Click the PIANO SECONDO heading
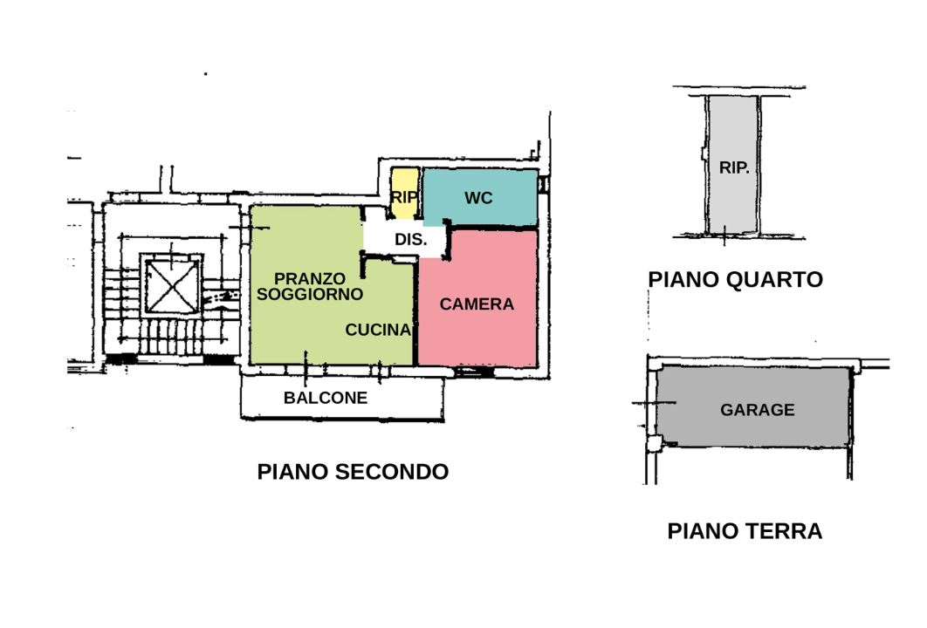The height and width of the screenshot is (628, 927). tap(353, 472)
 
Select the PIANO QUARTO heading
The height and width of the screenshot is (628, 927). tap(735, 279)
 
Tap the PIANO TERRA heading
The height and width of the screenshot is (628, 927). tap(745, 531)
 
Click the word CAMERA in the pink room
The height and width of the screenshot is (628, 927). tap(477, 304)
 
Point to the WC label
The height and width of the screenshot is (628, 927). tap(478, 198)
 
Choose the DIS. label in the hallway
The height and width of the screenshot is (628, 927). tap(410, 240)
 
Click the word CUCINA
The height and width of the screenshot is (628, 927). tap(377, 330)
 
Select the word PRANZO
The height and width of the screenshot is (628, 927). tap(310, 278)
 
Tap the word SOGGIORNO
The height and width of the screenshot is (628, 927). tap(310, 294)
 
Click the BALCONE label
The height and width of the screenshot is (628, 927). tap(326, 398)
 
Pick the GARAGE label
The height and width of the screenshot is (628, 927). tap(757, 410)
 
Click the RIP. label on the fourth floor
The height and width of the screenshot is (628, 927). tap(734, 167)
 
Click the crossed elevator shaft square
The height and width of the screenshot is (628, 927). tap(171, 285)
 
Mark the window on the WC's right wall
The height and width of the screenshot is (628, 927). tap(542, 185)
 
